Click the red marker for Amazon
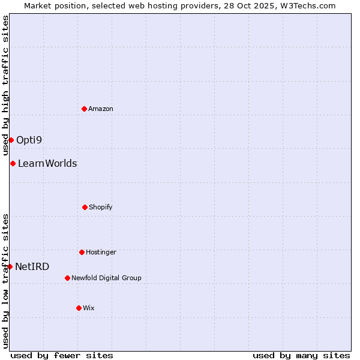click(84, 109)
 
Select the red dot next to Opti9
click(11, 140)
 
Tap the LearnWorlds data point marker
click(13, 163)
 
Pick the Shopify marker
click(85, 207)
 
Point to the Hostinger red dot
click(82, 252)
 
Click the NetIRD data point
click(10, 266)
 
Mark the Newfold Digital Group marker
click(67, 278)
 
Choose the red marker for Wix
click(79, 308)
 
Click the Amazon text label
click(101, 109)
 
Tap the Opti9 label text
click(29, 140)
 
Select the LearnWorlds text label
click(47, 163)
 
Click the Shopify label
click(101, 207)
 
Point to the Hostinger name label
click(101, 252)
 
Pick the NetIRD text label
click(32, 266)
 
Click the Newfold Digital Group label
click(106, 278)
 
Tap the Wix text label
click(89, 308)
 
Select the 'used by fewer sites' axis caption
click(62, 355)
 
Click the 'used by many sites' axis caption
click(301, 355)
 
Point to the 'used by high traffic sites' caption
click(5, 85)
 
